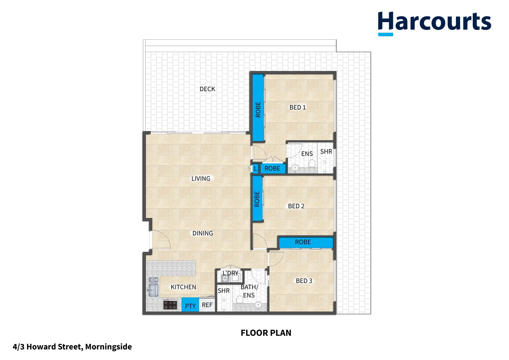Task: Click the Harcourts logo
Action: pos(434,23)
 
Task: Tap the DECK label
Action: pos(207,89)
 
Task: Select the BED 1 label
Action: pos(297,107)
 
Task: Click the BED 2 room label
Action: pos(296,206)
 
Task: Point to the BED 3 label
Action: pos(304,281)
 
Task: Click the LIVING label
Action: pos(201,179)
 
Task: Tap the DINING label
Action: pos(203,233)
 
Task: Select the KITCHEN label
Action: pos(183,287)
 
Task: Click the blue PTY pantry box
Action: pos(190,305)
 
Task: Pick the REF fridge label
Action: pos(207,305)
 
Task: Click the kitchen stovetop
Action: pos(170,305)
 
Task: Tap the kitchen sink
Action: pos(153,289)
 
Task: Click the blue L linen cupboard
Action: pos(255,169)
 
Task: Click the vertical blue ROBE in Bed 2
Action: pos(257,199)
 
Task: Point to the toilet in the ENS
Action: pos(312,164)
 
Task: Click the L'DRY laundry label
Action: pos(231,273)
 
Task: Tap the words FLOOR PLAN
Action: pos(266,333)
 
